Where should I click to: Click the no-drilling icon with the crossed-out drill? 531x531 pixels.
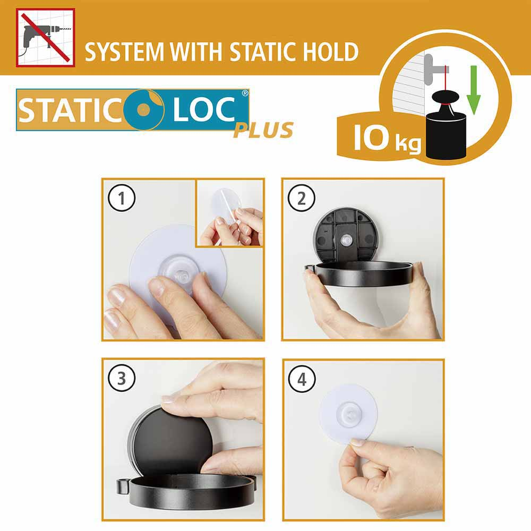pyautogui.click(x=45, y=38)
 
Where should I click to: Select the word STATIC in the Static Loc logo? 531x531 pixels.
pyautogui.click(x=70, y=110)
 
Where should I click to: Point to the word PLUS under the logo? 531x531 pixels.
pyautogui.click(x=263, y=131)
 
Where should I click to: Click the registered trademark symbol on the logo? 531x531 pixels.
pyautogui.click(x=244, y=93)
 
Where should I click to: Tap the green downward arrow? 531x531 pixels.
pyautogui.click(x=474, y=90)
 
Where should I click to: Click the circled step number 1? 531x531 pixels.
pyautogui.click(x=122, y=198)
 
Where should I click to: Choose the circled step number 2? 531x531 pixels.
pyautogui.click(x=302, y=198)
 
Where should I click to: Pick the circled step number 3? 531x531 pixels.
pyautogui.click(x=122, y=378)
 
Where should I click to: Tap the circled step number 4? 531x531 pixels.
pyautogui.click(x=302, y=379)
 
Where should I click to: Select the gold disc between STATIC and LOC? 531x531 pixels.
pyautogui.click(x=144, y=109)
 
